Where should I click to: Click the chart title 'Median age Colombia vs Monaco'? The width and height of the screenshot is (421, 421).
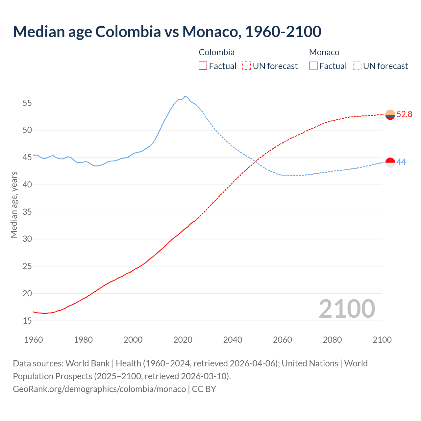coord(167,32)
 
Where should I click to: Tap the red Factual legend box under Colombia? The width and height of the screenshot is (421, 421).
coord(203,66)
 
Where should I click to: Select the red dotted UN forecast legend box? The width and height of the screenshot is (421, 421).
coord(247,66)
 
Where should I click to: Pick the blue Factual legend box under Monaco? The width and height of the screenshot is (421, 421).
coord(313,66)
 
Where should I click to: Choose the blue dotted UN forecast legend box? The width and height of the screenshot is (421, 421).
coord(357,66)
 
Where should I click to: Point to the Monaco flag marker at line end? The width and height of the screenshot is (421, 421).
coord(390,162)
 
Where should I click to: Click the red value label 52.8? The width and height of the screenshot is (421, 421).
coord(404,114)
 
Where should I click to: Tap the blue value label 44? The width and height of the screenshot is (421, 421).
coord(401,162)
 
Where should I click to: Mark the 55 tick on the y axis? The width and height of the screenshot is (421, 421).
coord(27,103)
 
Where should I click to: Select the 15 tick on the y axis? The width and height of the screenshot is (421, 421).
coord(27,321)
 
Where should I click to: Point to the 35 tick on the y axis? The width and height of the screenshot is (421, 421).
coord(27,212)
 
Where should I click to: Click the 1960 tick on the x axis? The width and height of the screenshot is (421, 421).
coord(34,340)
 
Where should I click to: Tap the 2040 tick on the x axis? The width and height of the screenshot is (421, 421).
coord(233,340)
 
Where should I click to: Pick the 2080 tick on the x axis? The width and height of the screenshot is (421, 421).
coord(332,340)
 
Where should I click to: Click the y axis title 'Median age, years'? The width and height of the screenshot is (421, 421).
coord(14,205)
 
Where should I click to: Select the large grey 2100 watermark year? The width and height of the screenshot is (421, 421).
coord(347,309)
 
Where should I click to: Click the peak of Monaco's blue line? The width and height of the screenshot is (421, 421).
coord(185,96)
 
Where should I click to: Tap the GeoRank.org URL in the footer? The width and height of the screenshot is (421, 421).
coord(99,389)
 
